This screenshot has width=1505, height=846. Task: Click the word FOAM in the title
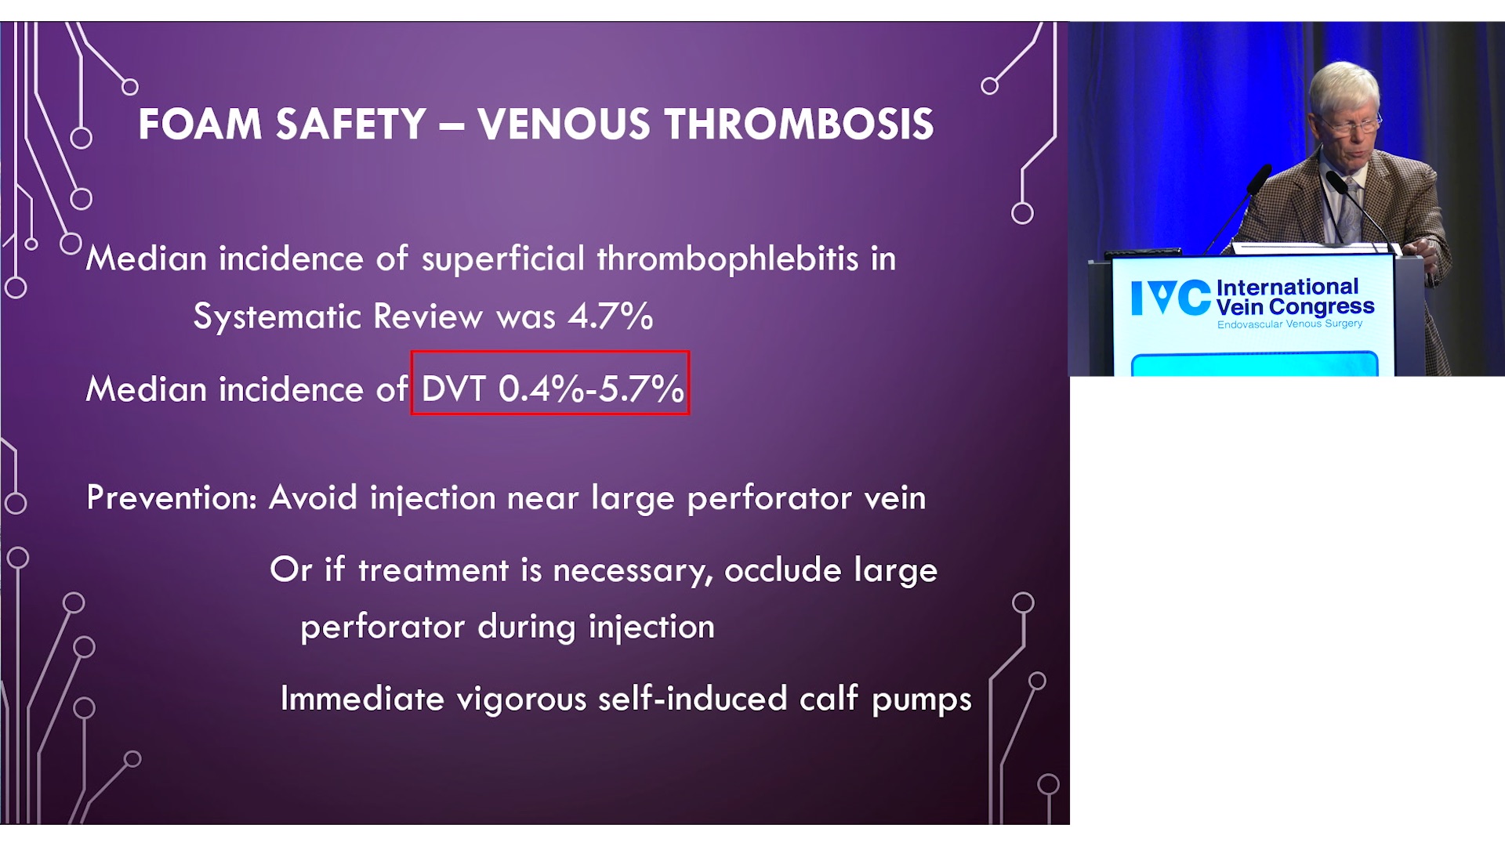(200, 125)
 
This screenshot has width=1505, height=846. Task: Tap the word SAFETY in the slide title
(351, 125)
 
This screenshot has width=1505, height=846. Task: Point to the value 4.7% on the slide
(611, 316)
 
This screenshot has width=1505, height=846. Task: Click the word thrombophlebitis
(728, 259)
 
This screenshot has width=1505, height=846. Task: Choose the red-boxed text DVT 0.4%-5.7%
(552, 389)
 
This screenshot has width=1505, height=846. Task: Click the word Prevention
(172, 497)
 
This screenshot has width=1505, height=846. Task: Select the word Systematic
(277, 317)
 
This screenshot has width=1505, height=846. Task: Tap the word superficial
(503, 259)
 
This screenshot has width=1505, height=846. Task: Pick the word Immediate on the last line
(362, 698)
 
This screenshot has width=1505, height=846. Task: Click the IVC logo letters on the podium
(1171, 298)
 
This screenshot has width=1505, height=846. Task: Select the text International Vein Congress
(1295, 297)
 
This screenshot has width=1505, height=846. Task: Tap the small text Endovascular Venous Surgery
(1289, 324)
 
